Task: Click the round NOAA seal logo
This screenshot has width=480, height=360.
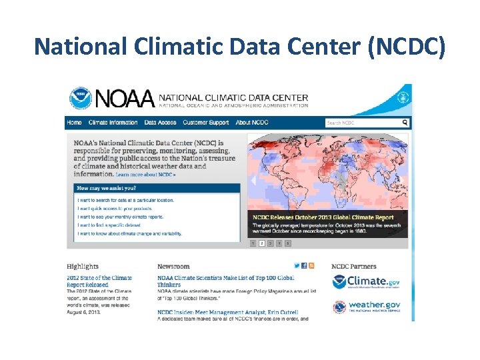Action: pyautogui.click(x=81, y=99)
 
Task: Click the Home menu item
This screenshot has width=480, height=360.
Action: pyautogui.click(x=75, y=123)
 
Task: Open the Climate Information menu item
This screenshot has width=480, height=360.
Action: pyautogui.click(x=113, y=123)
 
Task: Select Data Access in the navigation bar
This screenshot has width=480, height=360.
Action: pyautogui.click(x=160, y=123)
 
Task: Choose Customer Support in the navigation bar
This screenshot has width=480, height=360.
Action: pyautogui.click(x=206, y=123)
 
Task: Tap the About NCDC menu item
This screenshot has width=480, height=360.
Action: pyautogui.click(x=252, y=123)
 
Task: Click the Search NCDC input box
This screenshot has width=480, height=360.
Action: pyautogui.click(x=362, y=123)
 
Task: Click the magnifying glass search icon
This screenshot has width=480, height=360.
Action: pyautogui.click(x=405, y=123)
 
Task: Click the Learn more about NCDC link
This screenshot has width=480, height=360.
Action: pyautogui.click(x=145, y=175)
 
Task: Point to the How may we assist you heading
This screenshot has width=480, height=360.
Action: pyautogui.click(x=107, y=189)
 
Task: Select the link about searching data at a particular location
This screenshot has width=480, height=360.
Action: pyautogui.click(x=125, y=200)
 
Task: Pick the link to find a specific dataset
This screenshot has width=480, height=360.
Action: pyautogui.click(x=109, y=225)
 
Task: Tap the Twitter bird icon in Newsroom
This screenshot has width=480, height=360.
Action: pyautogui.click(x=297, y=265)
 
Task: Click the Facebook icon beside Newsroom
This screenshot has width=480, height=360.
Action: pyautogui.click(x=304, y=265)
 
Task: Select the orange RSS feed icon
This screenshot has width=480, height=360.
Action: pyautogui.click(x=311, y=265)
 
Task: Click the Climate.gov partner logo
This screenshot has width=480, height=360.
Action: pyautogui.click(x=366, y=282)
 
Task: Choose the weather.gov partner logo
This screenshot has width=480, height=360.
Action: pyautogui.click(x=366, y=307)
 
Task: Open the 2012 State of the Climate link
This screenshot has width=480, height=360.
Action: pyautogui.click(x=99, y=281)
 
